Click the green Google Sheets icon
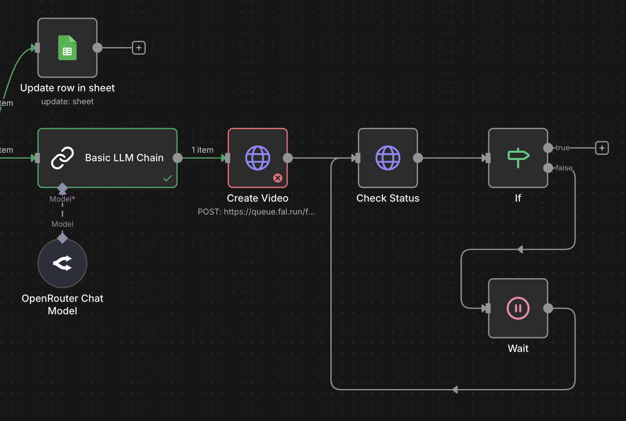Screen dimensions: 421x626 pyautogui.click(x=67, y=48)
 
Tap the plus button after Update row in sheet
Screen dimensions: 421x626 pyautogui.click(x=139, y=48)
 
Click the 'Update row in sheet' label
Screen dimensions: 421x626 pyautogui.click(x=67, y=88)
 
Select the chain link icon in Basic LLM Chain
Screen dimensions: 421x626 pyautogui.click(x=63, y=158)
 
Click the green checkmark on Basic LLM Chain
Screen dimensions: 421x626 pyautogui.click(x=168, y=178)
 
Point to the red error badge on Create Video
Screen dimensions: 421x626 pyautogui.click(x=278, y=178)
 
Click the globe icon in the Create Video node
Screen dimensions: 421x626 pyautogui.click(x=258, y=158)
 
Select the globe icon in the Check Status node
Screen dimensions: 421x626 pyautogui.click(x=388, y=158)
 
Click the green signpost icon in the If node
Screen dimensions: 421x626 pyautogui.click(x=518, y=158)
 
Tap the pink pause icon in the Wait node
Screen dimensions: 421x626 pyautogui.click(x=518, y=308)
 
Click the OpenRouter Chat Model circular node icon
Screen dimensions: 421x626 pyautogui.click(x=63, y=263)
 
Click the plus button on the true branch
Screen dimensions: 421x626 pyautogui.click(x=602, y=148)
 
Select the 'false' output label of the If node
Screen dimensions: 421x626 pyautogui.click(x=564, y=168)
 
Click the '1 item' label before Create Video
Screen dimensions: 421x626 pyautogui.click(x=202, y=150)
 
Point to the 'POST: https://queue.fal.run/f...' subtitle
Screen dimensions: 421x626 pyautogui.click(x=256, y=212)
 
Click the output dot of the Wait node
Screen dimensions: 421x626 pyautogui.click(x=548, y=308)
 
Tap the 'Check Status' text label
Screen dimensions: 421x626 pyautogui.click(x=388, y=198)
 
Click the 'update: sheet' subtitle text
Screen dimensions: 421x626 pyautogui.click(x=67, y=102)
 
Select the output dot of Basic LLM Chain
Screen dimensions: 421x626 pyautogui.click(x=178, y=158)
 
